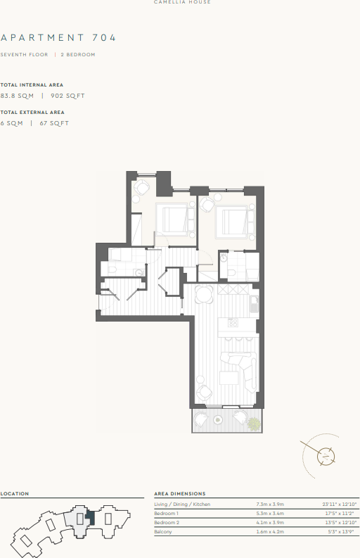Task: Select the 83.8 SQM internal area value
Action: pyautogui.click(x=18, y=95)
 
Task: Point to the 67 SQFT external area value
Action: pyautogui.click(x=55, y=123)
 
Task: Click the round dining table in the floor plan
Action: pyautogui.click(x=204, y=294)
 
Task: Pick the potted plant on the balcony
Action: pyautogui.click(x=252, y=424)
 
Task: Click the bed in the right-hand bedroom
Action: pyautogui.click(x=234, y=223)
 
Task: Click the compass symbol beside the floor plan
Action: pyautogui.click(x=326, y=456)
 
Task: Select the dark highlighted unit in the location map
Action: pyautogui.click(x=89, y=517)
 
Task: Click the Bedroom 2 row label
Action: pyautogui.click(x=167, y=523)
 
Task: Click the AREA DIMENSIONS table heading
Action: pyautogui.click(x=180, y=494)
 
